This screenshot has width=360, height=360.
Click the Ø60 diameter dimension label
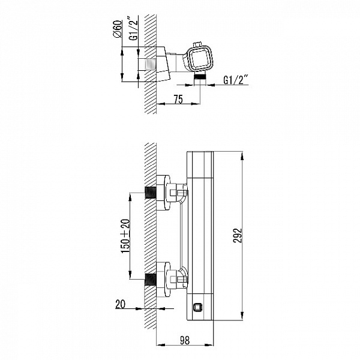118,29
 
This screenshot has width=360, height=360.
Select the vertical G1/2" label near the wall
133,28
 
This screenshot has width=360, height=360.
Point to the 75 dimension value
178,99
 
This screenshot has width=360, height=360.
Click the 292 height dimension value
238,235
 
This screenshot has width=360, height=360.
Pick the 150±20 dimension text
125,236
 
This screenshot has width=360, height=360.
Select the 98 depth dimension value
185,340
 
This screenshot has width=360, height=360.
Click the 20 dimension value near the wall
121,304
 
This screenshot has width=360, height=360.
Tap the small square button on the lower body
197,307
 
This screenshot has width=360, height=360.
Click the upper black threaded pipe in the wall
151,193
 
